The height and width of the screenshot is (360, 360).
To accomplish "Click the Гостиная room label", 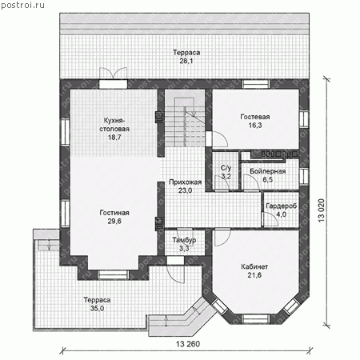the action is pos(114,213).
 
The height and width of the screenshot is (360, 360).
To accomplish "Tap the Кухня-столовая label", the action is pos(114,125).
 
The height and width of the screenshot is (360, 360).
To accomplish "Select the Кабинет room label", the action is pos(254,266).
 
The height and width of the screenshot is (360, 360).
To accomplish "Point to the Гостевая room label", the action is pos(255,117).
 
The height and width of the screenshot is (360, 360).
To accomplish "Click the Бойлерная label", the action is pos(268,171).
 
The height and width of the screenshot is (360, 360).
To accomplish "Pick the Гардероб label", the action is pos(282,206).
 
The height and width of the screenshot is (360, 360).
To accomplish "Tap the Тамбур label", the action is pos(184,240).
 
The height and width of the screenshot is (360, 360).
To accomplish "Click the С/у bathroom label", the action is pos(226,168).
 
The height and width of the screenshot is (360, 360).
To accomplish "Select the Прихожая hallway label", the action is pos(186,182).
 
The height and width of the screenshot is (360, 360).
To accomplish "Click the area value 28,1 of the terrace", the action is pos(186,61).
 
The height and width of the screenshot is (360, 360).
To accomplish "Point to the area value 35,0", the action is pos(97,309).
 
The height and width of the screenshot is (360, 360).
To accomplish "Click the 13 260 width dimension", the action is pos(188,344).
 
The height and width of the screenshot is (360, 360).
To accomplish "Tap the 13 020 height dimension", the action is pos(322,210).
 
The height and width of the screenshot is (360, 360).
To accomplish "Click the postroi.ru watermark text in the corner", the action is pos(22,6).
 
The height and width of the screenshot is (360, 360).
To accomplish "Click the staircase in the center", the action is pos(185,122).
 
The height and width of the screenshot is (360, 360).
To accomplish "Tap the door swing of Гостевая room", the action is pos(220,139).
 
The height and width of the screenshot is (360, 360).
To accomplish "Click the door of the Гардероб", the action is pos(270,219).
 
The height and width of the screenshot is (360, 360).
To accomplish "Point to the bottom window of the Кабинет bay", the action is pos(255,319).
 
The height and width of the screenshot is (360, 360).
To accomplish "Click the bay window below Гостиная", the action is pos(113,275).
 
